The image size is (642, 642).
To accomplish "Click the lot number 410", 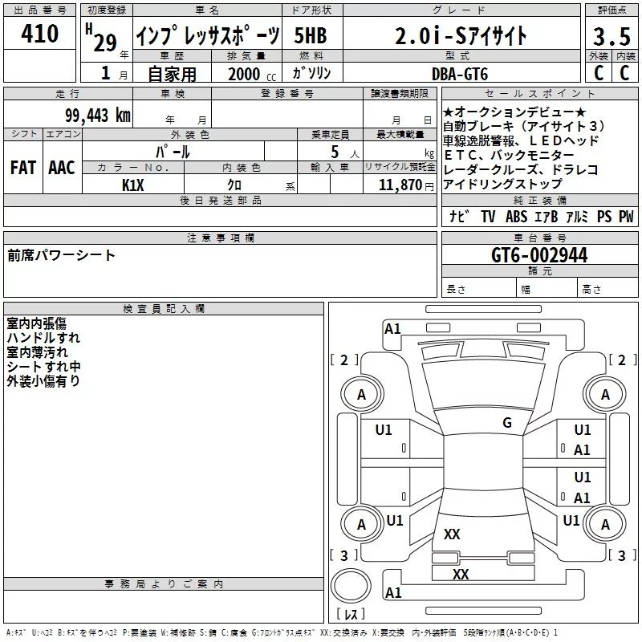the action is [40, 34].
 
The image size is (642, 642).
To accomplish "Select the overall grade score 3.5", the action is [611, 38].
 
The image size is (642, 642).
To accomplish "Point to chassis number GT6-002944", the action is [539, 255].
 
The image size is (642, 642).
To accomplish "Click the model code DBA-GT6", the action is [460, 73].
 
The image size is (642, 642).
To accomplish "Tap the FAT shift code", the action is [23, 168].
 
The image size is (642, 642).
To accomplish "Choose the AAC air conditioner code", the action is [62, 168].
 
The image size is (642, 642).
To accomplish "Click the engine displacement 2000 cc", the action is [246, 74].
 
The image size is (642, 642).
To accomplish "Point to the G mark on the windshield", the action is [506, 423].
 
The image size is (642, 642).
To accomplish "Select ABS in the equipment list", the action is [516, 217].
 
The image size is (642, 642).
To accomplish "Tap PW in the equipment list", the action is [625, 217].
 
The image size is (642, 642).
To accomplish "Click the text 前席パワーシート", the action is [62, 256].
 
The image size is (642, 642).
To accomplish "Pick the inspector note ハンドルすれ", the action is [43, 338].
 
